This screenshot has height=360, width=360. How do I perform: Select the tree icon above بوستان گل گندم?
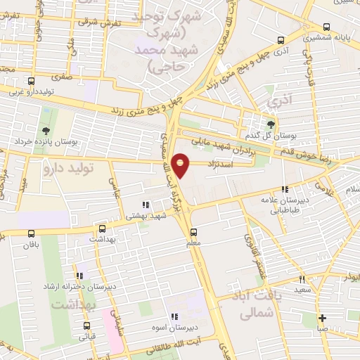coord(271,123)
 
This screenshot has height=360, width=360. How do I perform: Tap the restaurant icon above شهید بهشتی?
coord(145,205)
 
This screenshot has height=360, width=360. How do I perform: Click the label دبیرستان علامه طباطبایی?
coord(285,202)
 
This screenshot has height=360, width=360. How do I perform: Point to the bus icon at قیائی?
coord(86,326)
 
